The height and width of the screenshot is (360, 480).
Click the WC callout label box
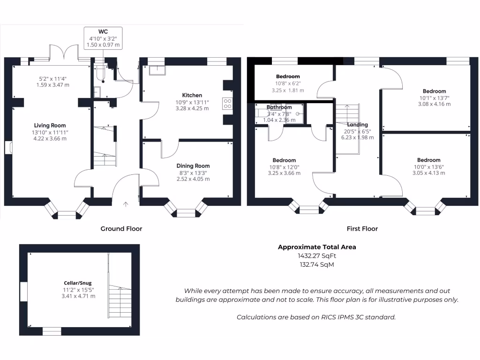pyautogui.click(x=103, y=38)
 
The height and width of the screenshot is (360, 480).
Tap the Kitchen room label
pyautogui.click(x=192, y=95)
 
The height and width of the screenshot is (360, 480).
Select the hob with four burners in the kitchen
pyautogui.click(x=228, y=103)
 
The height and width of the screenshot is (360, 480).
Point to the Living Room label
pyautogui.click(x=50, y=125)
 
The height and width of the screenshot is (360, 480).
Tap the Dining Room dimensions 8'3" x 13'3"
pyautogui.click(x=193, y=172)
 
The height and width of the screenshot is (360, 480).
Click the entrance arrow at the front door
pyautogui.click(x=126, y=203)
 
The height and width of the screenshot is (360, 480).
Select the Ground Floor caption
pyautogui.click(x=121, y=229)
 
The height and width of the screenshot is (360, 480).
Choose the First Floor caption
pyautogui.click(x=362, y=229)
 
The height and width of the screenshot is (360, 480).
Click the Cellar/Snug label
pyautogui.click(x=78, y=283)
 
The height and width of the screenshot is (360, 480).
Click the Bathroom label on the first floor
pyautogui.click(x=279, y=107)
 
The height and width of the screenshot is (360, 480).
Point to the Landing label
pyautogui.click(x=357, y=125)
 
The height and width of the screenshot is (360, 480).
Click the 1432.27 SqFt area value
pyautogui.click(x=317, y=256)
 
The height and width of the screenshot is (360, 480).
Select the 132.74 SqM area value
pyautogui.click(x=317, y=264)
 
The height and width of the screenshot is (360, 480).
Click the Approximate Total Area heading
pyautogui.click(x=317, y=247)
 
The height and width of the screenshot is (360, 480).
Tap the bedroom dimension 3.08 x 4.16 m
pyautogui.click(x=434, y=104)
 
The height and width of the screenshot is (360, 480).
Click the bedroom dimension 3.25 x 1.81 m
pyautogui.click(x=288, y=90)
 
